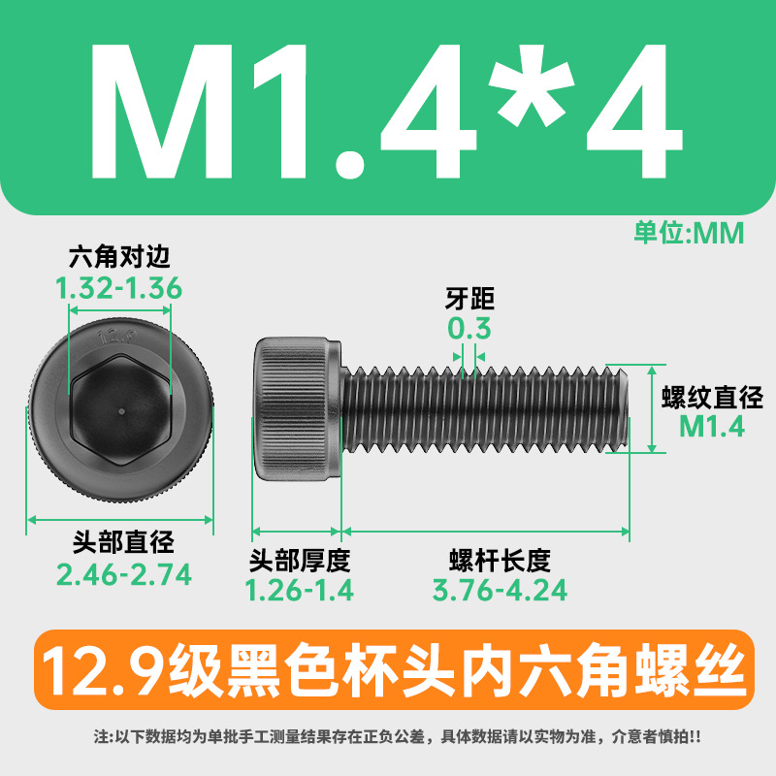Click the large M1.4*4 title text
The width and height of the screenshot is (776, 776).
pos(386,112)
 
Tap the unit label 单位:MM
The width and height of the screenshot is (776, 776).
pos(689,233)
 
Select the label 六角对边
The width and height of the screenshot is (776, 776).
pos(119,257)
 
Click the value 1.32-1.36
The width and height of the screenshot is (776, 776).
pos(118,288)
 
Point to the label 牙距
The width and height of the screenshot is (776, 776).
pos(469,299)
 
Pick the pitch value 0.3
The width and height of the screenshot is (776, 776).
pos(469,328)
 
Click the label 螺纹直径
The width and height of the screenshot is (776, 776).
pos(712,398)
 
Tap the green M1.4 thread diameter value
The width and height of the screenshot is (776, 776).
pos(712,427)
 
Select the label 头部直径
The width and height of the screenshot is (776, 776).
pos(123,542)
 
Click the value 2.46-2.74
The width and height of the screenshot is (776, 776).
pos(124,574)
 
